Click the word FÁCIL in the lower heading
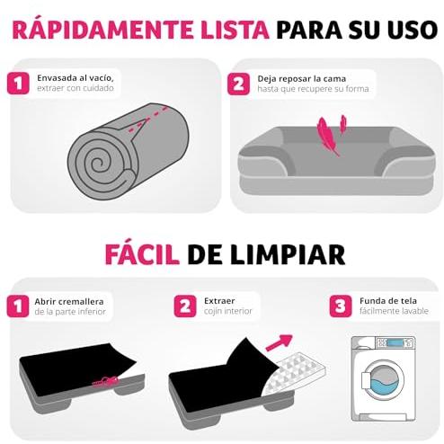(142, 254)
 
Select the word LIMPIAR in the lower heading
(287, 255)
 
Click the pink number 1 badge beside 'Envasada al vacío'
(18, 84)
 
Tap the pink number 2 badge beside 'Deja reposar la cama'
(238, 84)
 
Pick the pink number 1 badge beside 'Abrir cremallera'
(18, 306)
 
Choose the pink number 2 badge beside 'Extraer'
(185, 306)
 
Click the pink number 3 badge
(341, 306)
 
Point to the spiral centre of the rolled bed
(97, 164)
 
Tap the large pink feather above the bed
(327, 136)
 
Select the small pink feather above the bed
(343, 123)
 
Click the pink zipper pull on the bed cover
(105, 381)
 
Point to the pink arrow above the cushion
(279, 342)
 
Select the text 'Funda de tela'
(388, 300)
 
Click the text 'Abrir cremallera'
(69, 301)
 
